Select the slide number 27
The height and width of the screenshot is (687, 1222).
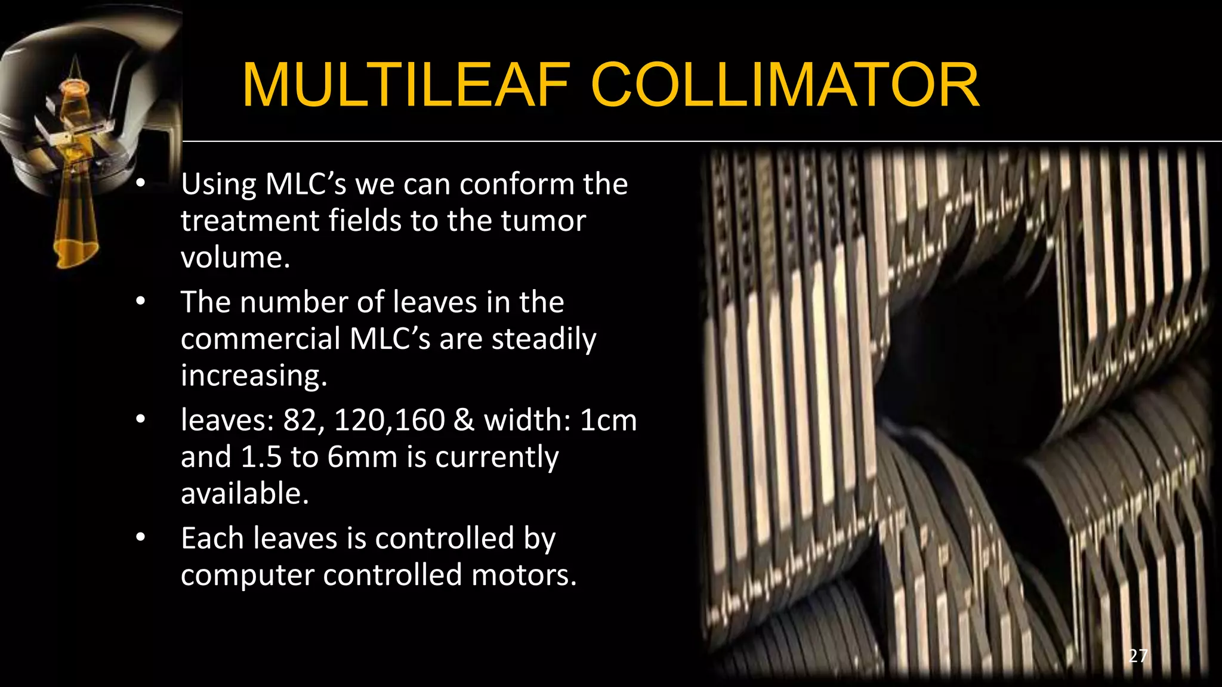point(1138,656)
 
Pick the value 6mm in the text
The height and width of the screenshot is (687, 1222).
point(362,457)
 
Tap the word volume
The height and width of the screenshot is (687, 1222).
point(235,258)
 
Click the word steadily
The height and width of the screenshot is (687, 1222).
point(544,339)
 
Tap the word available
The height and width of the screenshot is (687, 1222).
point(245,494)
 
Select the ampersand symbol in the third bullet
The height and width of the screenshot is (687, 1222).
point(464,420)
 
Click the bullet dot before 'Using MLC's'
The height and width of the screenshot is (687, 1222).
point(140,184)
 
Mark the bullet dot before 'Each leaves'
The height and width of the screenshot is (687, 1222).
point(140,538)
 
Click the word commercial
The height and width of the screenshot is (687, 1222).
point(260,339)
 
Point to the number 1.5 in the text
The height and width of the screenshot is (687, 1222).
point(261,457)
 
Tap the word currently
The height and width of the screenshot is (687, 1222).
point(496,458)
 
